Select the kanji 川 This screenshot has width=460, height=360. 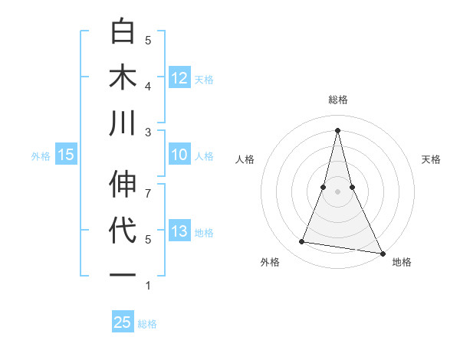(x=123, y=124)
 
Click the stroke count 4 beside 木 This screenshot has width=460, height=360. (x=148, y=86)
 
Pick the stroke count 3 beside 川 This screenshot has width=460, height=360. (x=148, y=132)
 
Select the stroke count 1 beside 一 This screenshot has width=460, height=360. (x=148, y=286)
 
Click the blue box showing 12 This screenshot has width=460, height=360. (x=179, y=78)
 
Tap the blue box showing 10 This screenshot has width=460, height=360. (x=179, y=155)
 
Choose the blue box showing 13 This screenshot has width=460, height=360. (x=179, y=231)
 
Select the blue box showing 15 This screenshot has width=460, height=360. (x=66, y=155)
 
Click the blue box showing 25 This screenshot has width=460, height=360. (x=123, y=322)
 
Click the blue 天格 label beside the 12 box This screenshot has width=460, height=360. (x=204, y=79)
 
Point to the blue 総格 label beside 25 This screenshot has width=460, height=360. (x=147, y=323)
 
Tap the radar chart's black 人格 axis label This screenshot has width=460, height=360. (x=245, y=159)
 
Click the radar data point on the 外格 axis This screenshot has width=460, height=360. (x=302, y=242)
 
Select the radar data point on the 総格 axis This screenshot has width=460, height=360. (x=338, y=129)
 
